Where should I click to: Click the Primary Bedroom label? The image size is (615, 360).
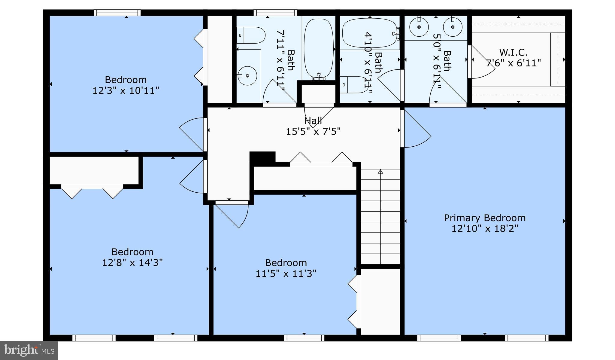(484, 218)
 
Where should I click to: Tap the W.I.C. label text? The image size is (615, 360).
(513, 53)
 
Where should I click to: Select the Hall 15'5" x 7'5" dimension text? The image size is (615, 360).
(313, 131)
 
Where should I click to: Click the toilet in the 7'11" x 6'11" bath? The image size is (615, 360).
(250, 35)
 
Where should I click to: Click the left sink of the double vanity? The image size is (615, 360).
(419, 26)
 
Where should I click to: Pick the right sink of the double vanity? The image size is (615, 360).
(453, 26)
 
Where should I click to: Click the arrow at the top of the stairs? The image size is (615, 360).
(380, 172)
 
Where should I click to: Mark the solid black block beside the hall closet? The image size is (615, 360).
(262, 158)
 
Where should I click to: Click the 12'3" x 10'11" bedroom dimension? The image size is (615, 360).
(126, 90)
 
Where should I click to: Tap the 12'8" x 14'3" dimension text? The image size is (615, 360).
(132, 263)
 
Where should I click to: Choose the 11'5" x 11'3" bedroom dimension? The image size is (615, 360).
(286, 274)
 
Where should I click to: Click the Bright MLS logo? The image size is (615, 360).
(29, 350)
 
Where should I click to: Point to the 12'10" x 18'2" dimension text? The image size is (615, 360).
(484, 229)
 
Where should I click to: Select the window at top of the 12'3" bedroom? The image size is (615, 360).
(117, 13)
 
